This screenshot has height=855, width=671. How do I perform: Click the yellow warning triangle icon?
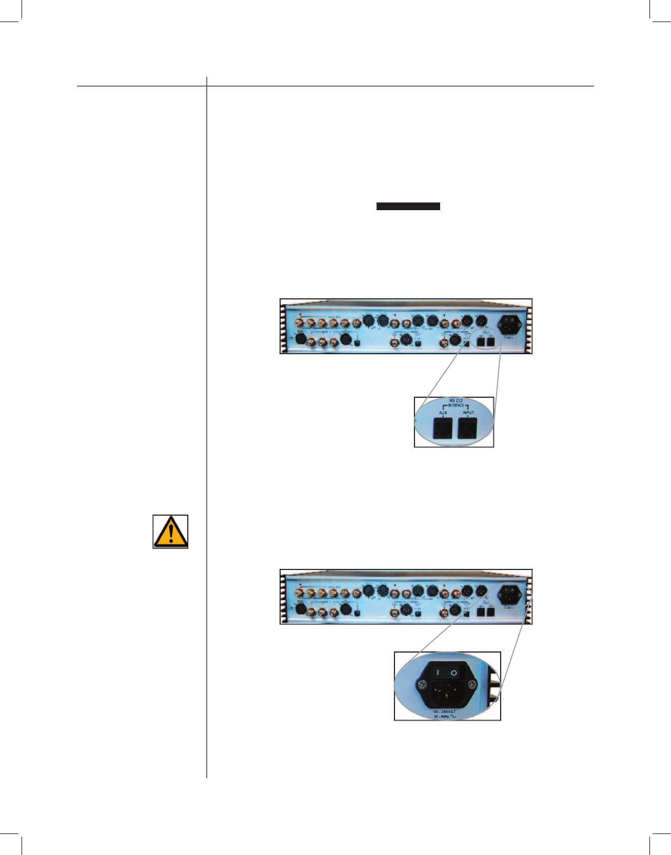(170, 531)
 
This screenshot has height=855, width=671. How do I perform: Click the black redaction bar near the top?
(408, 207)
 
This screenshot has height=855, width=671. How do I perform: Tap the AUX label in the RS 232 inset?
(443, 413)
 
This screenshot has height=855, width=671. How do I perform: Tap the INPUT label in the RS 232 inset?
(468, 413)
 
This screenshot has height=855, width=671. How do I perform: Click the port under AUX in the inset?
(443, 428)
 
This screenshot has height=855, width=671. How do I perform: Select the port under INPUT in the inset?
(468, 428)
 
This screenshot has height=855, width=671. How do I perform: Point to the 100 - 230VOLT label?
(444, 712)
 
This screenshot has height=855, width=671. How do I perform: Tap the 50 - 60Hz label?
(441, 717)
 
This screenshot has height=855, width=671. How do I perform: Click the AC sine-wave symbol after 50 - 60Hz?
(453, 717)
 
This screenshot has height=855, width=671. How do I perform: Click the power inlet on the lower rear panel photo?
(510, 595)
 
